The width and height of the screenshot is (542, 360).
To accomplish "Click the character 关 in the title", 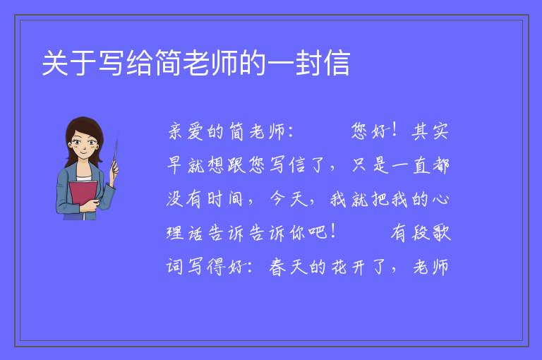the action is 55,63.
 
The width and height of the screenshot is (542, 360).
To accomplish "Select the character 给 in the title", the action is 140,63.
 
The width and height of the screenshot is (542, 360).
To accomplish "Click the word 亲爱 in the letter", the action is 186,132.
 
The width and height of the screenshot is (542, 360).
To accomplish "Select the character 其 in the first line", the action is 419,132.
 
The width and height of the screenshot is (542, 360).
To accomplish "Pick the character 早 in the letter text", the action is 174,165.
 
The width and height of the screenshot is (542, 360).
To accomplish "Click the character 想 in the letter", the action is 216,165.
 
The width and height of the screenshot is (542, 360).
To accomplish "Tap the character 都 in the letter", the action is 440,165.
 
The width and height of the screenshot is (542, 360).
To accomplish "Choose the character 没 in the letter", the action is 175,199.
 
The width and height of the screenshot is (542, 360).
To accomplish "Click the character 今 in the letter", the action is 277,199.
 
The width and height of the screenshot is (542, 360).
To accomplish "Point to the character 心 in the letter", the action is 440,199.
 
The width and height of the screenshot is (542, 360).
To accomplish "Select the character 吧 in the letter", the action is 318,232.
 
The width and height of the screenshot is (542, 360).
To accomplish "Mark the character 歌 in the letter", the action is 441,232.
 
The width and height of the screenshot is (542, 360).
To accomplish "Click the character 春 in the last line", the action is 277,267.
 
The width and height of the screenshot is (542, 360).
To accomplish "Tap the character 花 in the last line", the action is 339,267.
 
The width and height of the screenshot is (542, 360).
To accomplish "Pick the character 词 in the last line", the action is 175,267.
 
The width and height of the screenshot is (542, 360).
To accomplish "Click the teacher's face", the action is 84,144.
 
